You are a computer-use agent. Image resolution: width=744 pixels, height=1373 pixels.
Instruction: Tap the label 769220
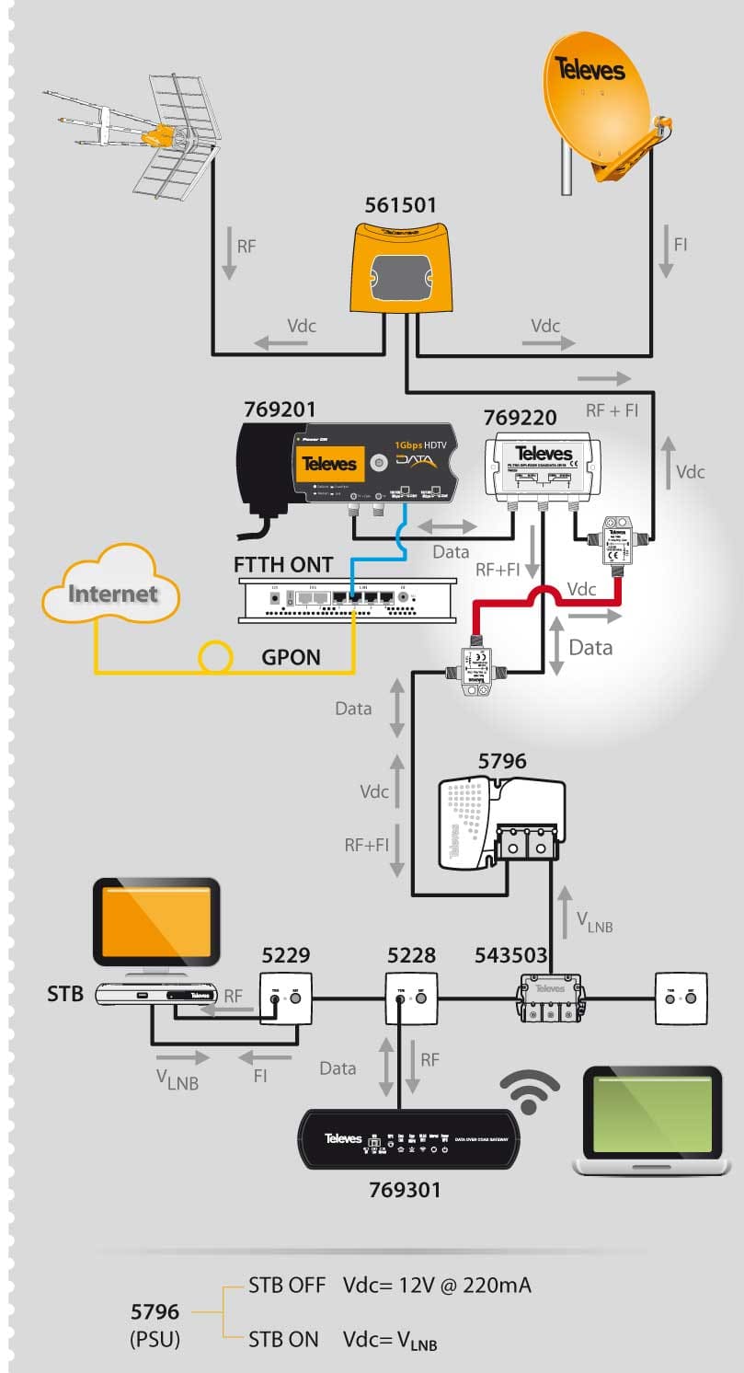tap(521, 418)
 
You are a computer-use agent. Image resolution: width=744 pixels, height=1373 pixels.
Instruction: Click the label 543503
tap(510, 955)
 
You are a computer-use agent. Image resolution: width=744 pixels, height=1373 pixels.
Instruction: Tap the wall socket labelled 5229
tap(282, 996)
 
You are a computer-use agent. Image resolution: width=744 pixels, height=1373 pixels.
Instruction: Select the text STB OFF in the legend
tap(287, 1286)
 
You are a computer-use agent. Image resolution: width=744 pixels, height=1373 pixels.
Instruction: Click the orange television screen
tap(156, 924)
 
